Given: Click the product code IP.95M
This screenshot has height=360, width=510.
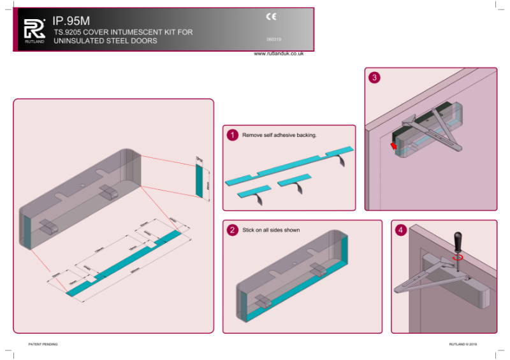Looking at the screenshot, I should tap(72, 20).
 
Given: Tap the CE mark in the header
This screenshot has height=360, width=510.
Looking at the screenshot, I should tap(270, 18).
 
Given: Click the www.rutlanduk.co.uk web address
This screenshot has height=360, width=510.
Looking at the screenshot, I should tap(279, 54).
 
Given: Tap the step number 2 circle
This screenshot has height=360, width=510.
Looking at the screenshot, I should tap(233, 229).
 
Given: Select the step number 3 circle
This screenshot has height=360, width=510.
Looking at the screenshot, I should tap(375, 78).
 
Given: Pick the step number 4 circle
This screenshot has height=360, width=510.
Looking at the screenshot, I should tap(400, 230).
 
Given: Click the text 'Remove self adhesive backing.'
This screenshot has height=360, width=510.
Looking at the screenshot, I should tap(279, 135).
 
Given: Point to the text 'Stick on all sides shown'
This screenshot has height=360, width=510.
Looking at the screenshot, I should tap(271, 229).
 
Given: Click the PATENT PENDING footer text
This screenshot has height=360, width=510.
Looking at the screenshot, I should tap(43, 344).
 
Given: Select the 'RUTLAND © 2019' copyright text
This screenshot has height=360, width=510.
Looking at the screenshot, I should tap(463, 344).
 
